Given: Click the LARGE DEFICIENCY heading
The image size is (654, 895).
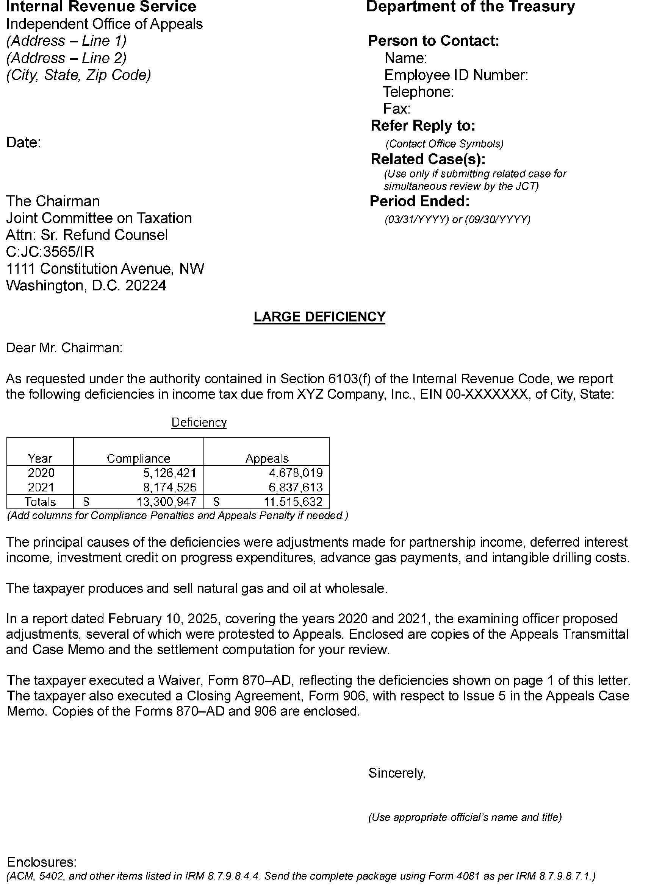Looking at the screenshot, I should coord(319,317).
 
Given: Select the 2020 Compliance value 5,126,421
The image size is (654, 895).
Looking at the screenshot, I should coord(170,472).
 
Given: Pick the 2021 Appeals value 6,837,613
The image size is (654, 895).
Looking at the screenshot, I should coord(296,487).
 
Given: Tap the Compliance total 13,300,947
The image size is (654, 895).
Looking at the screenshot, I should coord(166,502).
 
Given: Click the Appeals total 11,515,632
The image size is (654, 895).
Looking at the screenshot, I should coord(293,502).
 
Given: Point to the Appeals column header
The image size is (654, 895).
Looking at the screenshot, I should coord(267,458).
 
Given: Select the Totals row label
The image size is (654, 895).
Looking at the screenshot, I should coord(40,502).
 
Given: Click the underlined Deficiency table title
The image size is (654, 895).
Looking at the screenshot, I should coord(199,423).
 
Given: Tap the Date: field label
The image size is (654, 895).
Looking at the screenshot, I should coord(23,143).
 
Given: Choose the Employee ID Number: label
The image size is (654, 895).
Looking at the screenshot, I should coord(456,75).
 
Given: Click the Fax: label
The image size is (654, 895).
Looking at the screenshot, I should coord(397,108).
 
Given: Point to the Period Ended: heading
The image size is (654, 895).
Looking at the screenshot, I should coord(419,201).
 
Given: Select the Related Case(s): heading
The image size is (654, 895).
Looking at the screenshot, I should coord(428,159).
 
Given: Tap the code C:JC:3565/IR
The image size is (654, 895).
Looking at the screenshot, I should coord(50,252).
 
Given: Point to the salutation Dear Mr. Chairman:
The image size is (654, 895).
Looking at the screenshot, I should coord(64,348).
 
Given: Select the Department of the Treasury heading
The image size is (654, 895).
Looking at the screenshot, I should coord(470,7).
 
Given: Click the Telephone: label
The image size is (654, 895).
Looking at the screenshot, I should coord(418,92).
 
